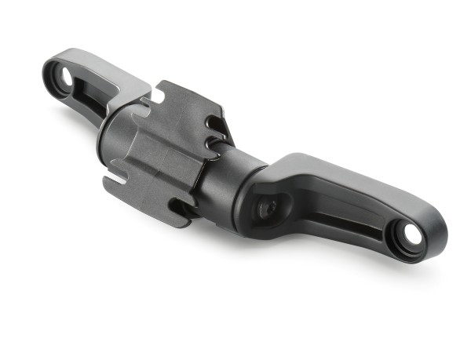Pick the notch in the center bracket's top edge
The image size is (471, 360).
click(158, 95)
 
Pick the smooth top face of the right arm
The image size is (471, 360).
click(345, 176)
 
